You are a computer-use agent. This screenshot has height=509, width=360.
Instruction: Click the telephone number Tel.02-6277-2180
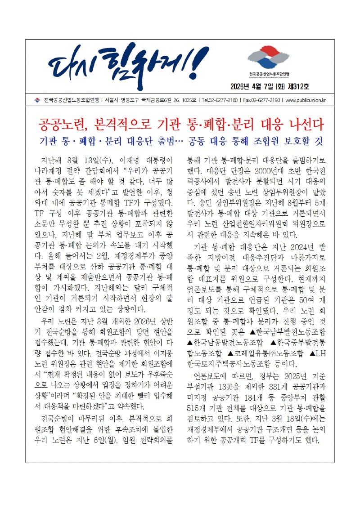click(x=219, y=100)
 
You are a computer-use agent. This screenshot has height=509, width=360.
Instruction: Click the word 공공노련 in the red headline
click(x=59, y=124)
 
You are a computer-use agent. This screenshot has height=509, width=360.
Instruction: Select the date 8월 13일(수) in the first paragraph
click(x=81, y=160)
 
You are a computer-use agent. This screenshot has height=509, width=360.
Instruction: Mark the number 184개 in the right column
click(x=246, y=410)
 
